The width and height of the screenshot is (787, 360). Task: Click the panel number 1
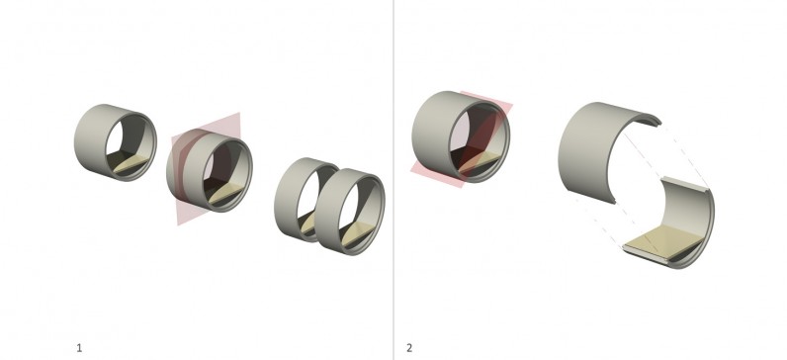79,348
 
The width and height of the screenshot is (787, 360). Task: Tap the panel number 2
409,348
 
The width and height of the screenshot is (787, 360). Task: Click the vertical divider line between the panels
393,180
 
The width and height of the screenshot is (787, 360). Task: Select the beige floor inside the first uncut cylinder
131,164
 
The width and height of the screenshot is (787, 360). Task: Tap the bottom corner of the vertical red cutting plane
179,225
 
